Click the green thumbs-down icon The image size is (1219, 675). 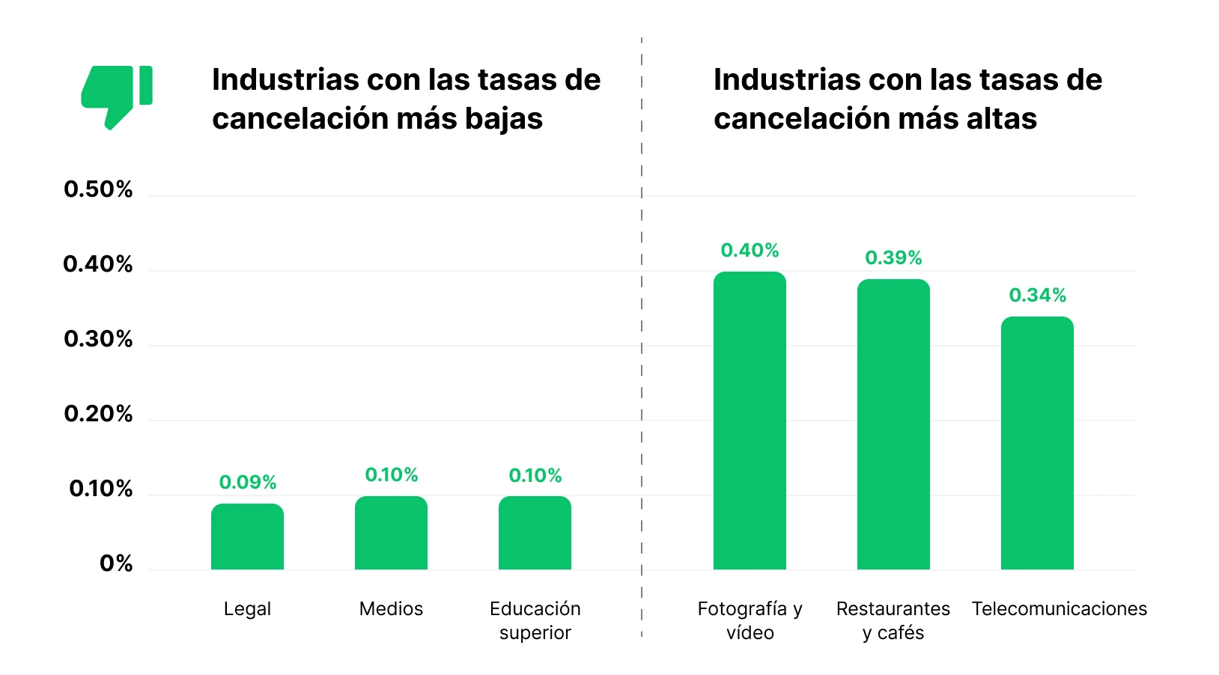[116, 96]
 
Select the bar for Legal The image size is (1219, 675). [247, 537]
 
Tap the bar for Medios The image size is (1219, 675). [391, 533]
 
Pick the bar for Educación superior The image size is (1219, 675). [535, 533]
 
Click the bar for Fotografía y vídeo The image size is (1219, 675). [750, 421]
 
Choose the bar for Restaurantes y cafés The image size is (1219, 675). [893, 425]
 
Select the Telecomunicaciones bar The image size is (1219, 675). [1037, 444]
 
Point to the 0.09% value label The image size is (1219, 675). [248, 483]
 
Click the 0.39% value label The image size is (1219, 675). [893, 258]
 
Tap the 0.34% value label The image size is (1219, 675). [1037, 296]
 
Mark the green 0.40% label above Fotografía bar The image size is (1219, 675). [750, 251]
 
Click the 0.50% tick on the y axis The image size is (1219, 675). [98, 189]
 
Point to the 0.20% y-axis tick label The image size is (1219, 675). [98, 414]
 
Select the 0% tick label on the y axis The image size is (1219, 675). [116, 563]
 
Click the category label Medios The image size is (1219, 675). [391, 609]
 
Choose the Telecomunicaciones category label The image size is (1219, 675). [1059, 609]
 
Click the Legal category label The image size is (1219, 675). [247, 609]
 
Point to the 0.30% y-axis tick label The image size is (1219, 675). [98, 339]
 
